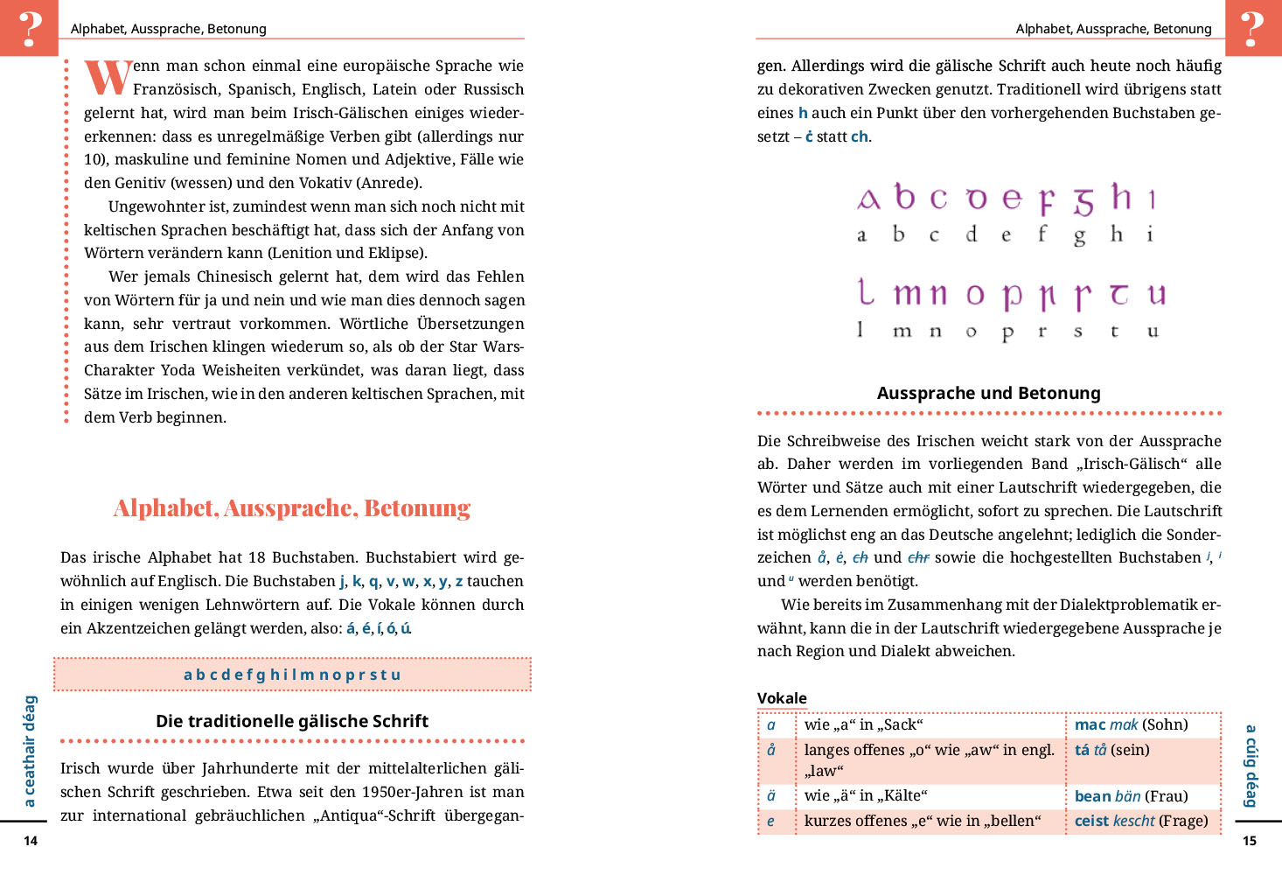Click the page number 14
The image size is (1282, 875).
point(31,841)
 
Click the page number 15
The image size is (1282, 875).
point(1250,841)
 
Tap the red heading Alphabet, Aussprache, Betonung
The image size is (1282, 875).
point(292,508)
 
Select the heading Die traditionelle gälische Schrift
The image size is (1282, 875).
point(292,721)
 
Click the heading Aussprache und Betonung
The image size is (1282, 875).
point(988,393)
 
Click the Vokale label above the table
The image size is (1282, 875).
point(782,698)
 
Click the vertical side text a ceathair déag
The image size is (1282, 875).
point(30,751)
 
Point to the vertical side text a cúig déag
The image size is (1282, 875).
point(1251,765)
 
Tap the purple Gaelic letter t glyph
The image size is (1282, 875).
point(1118,294)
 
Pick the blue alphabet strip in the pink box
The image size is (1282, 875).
point(292,675)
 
